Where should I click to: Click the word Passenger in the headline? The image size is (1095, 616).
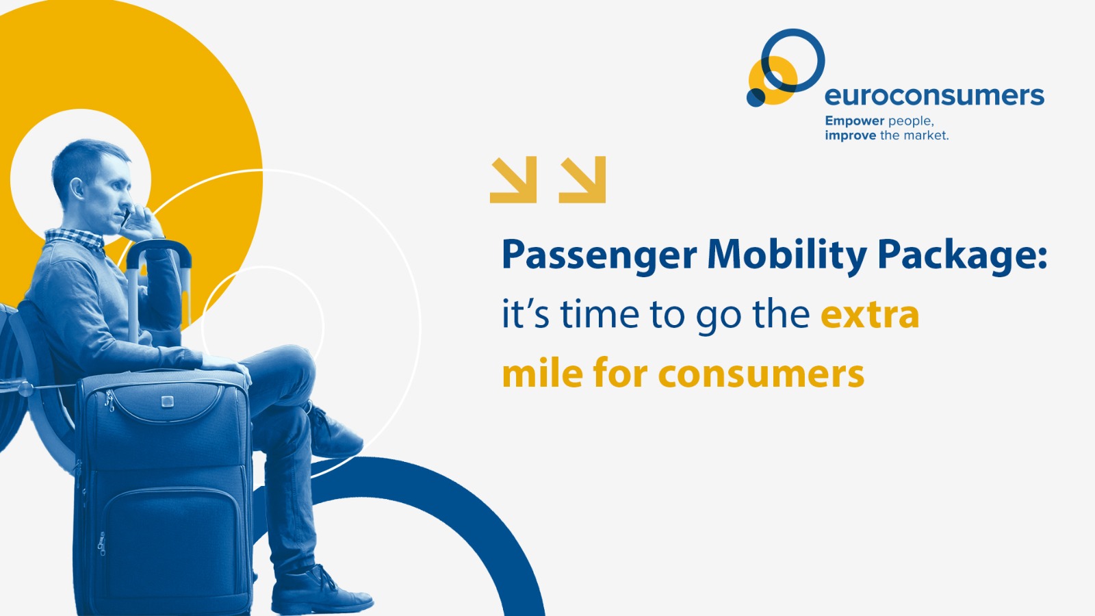click(600, 256)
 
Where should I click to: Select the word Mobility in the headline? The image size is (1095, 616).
click(787, 256)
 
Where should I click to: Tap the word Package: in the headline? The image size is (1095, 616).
click(962, 256)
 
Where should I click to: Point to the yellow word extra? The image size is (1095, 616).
click(870, 316)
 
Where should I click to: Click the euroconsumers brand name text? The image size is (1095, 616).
click(934, 96)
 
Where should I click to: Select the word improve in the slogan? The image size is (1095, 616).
click(851, 135)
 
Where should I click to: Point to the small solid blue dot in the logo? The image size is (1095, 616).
click(756, 97)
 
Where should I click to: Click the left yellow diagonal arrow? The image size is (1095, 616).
click(513, 179)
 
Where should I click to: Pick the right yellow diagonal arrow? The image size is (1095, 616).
click(582, 179)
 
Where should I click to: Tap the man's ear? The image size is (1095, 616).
click(77, 188)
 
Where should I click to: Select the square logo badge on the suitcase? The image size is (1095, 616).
click(167, 401)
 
